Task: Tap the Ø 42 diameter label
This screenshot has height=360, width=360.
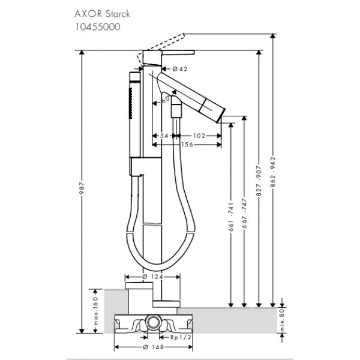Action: click(179, 70)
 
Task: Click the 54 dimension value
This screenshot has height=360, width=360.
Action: click(163, 136)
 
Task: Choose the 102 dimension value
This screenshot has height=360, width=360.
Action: click(199, 136)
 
